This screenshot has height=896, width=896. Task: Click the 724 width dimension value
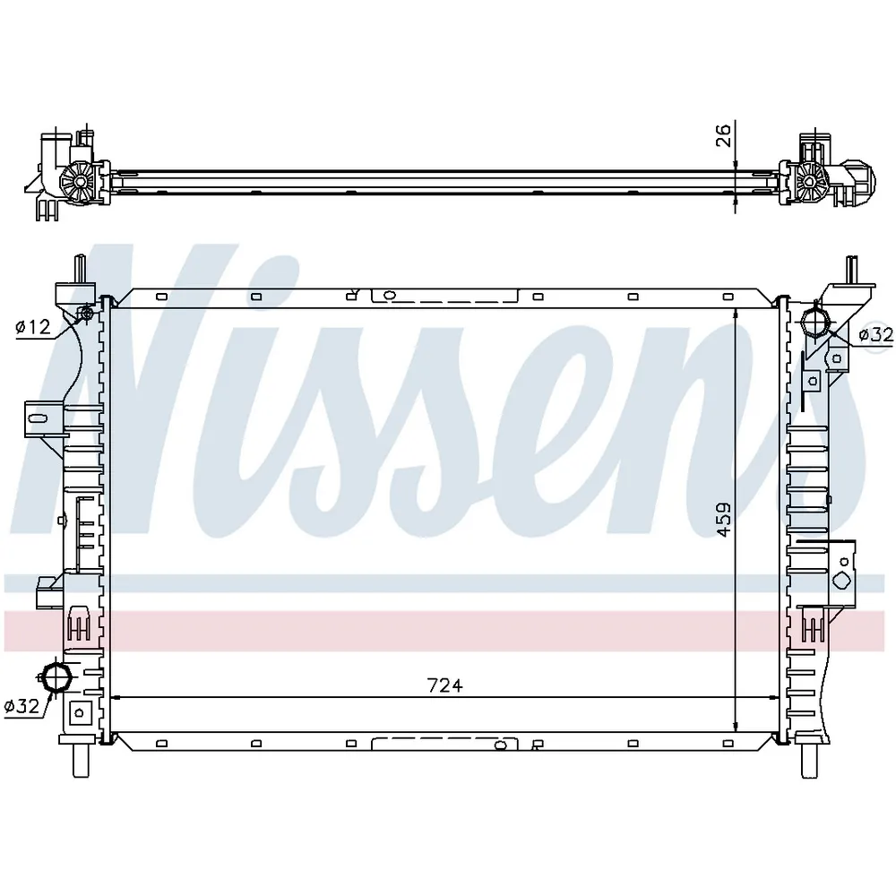click(x=444, y=685)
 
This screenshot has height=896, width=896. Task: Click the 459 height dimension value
click(x=723, y=519)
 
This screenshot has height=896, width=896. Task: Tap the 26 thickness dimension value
click(x=723, y=135)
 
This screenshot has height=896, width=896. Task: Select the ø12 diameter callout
click(x=33, y=327)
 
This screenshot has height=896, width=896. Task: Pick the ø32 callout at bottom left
click(x=22, y=706)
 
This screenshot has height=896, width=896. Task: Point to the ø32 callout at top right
click(x=876, y=334)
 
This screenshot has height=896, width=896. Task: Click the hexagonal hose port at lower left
click(x=56, y=677)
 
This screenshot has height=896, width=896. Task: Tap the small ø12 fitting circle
click(x=88, y=313)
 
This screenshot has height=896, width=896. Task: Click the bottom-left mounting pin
click(x=81, y=760)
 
